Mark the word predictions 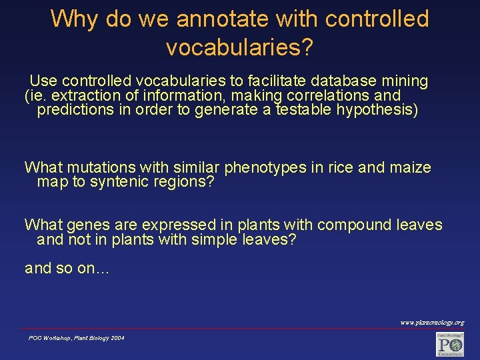pyautogui.click(x=75, y=109)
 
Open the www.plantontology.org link pyautogui.click(x=431, y=322)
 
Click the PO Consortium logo pyautogui.click(x=449, y=344)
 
